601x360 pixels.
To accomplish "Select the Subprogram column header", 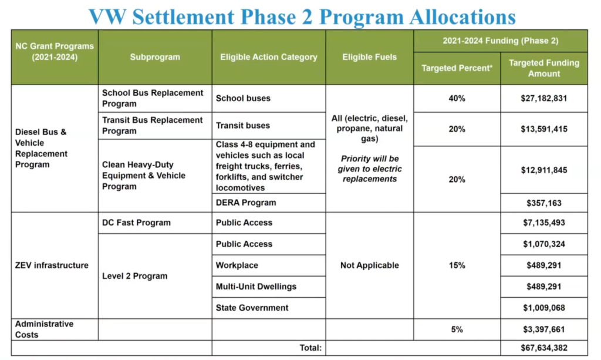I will pos(155,57).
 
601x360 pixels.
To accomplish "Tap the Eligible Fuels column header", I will pos(369,57).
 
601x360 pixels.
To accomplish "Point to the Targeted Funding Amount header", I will pos(543,68).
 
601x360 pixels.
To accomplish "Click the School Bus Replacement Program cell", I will pos(153,98).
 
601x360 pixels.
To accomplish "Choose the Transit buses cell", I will pos(243,125).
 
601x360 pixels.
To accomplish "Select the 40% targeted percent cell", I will pos(457,99).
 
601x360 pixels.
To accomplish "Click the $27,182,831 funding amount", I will pos(543,99).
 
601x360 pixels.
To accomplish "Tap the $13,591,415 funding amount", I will pos(543,129).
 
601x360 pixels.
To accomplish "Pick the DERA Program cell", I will pos(246,203).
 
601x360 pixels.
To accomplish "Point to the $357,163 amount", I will pos(543,203).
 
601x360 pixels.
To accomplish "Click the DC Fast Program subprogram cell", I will pos(136,223).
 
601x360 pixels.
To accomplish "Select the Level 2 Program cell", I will pos(134,276).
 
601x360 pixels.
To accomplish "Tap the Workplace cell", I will pos(237,265).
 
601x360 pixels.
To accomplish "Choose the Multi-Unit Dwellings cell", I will pos(256,287).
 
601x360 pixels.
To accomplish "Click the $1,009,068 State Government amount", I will pos(543,308).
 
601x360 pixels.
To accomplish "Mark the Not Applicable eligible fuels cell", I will pos(369,265).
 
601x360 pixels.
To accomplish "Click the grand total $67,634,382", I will pos(543,348).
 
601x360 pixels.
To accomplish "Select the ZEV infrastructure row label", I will pos(52,265).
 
